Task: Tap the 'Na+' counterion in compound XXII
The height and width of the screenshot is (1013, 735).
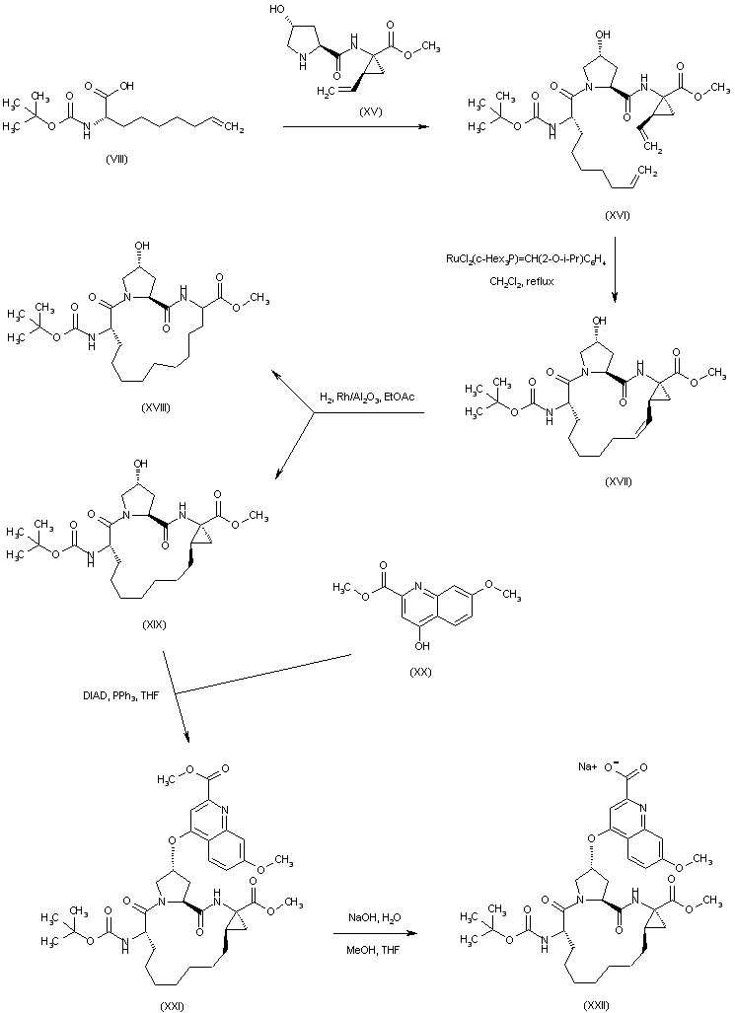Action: pyautogui.click(x=589, y=765)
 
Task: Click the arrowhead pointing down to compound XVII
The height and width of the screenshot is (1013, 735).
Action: pyautogui.click(x=615, y=297)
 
